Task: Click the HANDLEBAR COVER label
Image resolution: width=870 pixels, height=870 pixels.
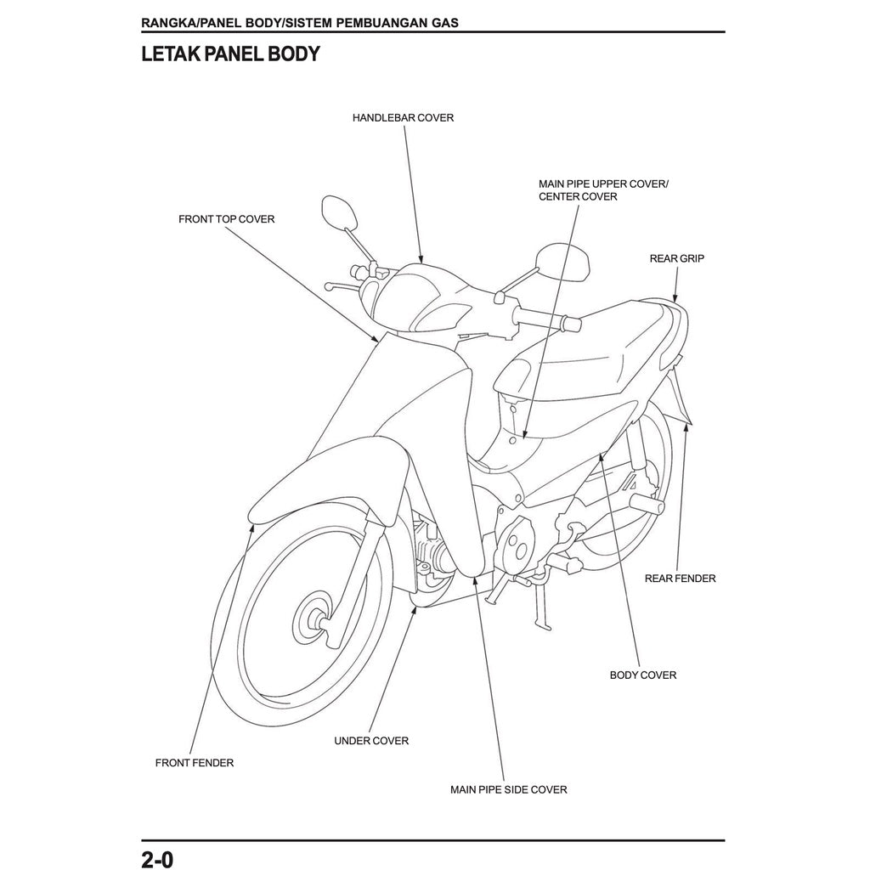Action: [403, 117]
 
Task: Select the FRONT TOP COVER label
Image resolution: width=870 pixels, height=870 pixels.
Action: [226, 219]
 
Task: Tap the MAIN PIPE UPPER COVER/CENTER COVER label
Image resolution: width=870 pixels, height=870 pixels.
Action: [603, 190]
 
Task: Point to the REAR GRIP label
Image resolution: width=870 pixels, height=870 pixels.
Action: [676, 258]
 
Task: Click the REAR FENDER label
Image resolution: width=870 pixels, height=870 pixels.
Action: [680, 579]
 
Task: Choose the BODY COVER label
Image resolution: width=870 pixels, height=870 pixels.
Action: [643, 675]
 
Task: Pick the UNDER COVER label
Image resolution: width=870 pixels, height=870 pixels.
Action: [371, 741]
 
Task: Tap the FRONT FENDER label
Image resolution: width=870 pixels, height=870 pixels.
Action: [194, 763]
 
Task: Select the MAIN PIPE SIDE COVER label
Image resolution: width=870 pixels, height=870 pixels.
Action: [508, 789]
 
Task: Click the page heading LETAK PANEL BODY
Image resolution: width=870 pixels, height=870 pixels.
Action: [230, 54]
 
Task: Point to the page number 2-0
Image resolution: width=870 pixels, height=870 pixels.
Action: [157, 858]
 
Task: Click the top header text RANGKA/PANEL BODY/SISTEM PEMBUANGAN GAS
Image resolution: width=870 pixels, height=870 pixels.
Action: [300, 22]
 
